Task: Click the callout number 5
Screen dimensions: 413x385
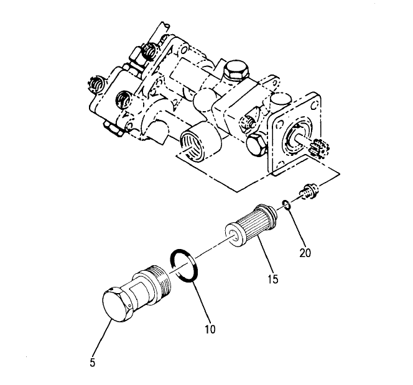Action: [x=92, y=363]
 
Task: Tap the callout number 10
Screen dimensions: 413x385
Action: [x=210, y=329]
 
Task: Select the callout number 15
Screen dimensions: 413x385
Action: [x=273, y=279]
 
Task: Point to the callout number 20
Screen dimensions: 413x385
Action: [x=305, y=253]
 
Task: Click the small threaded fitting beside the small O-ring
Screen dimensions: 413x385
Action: [x=310, y=191]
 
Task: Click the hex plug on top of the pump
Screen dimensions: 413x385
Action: [x=236, y=70]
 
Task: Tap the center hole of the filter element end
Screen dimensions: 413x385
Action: [x=233, y=235]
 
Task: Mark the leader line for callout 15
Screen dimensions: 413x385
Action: [x=264, y=256]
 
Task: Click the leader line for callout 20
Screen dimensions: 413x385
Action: [x=296, y=228]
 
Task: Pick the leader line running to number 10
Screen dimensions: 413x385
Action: [x=202, y=302]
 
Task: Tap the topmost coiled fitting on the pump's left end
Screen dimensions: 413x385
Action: [x=149, y=51]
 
